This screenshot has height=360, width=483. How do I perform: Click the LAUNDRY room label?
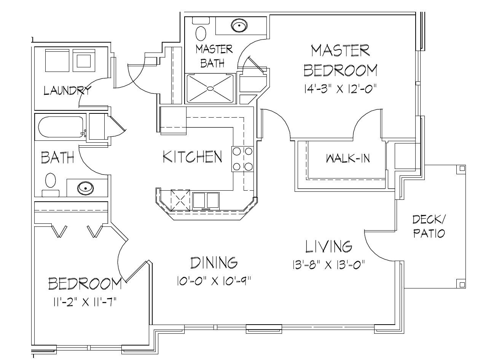67,91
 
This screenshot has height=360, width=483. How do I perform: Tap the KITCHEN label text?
192,156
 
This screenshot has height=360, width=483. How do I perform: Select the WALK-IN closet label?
348,158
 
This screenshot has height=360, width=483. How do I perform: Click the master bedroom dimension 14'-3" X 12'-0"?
340,89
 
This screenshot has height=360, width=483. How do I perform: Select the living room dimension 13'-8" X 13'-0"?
329,264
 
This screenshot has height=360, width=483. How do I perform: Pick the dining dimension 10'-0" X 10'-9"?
214,281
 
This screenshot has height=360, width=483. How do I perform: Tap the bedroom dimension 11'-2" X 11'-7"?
84,302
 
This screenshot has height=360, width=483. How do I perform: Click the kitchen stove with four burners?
242,159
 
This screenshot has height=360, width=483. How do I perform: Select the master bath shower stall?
210,88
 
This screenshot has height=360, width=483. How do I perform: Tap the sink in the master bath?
239,26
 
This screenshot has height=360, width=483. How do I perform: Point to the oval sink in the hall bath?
85,188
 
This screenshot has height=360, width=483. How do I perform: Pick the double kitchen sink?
206,200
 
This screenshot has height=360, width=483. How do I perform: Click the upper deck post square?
462,168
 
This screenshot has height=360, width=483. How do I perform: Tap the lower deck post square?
462,284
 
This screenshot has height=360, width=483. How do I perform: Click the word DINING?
214,263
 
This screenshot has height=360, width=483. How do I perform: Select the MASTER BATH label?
214,56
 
